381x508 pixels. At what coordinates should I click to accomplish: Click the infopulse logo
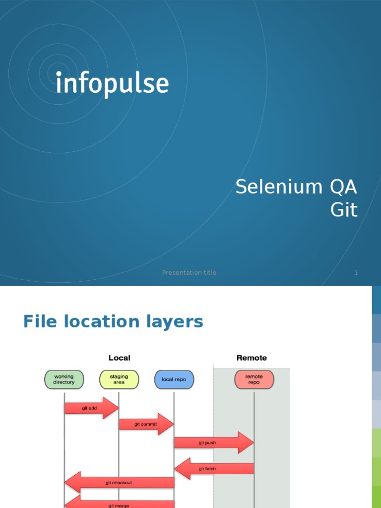pos(112,84)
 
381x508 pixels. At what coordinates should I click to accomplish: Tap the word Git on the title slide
pos(344,210)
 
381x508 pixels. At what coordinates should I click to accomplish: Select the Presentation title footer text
pos(189,272)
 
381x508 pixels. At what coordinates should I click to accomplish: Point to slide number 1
pos(356,272)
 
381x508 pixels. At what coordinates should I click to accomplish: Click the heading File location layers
pos(113,321)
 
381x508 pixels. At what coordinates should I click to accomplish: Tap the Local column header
pos(119,358)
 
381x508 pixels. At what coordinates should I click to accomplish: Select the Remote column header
pos(252,358)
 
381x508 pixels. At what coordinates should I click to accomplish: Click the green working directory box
pos(64,380)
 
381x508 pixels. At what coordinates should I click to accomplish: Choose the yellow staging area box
pos(119,380)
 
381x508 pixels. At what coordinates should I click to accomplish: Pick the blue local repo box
pos(174,380)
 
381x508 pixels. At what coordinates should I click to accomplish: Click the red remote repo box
pos(254,380)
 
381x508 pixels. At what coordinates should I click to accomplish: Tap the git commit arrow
pos(146,425)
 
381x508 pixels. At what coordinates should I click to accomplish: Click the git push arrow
pos(213,443)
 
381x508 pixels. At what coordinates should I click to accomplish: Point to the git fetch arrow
pos(213,468)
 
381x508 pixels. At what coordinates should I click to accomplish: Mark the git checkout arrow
pos(119,482)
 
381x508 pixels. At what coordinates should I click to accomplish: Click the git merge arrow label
pos(119,505)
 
